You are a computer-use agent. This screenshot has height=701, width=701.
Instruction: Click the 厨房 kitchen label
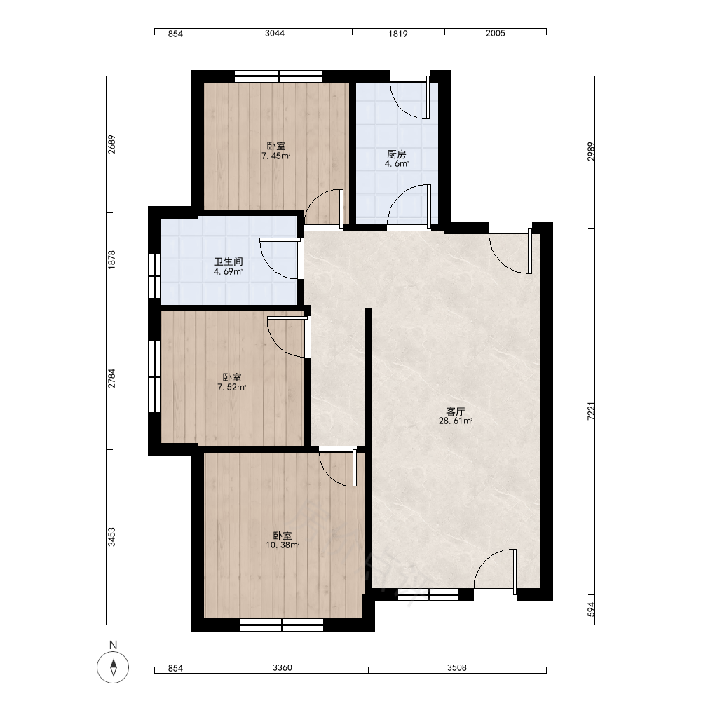pos(397,154)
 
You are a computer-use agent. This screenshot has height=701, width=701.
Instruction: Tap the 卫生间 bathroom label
pos(228,261)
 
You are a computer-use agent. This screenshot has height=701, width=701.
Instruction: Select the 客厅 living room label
pos(456,411)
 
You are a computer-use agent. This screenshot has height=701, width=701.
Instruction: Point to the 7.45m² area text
pos(275,156)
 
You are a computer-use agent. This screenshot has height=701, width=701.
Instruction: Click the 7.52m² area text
pos(231,387)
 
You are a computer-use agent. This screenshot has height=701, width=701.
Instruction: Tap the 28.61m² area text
pos(456,421)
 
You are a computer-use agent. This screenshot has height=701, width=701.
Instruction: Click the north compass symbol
pos(113,667)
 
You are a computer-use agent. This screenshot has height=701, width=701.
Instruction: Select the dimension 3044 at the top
pos(275,33)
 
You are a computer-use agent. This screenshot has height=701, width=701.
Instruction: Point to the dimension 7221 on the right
pos(591,411)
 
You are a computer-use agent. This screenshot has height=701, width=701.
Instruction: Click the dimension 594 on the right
pos(591,610)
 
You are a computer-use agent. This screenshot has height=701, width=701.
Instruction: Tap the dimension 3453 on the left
pos(111,537)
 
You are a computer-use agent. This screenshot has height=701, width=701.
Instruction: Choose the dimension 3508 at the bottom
pos(457,668)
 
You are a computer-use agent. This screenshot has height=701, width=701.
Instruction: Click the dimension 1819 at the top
pos(398,34)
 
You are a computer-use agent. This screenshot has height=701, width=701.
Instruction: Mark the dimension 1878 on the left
pos(111,260)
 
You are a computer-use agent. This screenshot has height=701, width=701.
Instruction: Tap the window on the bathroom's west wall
pos(154,275)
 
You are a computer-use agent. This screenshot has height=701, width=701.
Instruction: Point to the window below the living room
pos(428,594)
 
